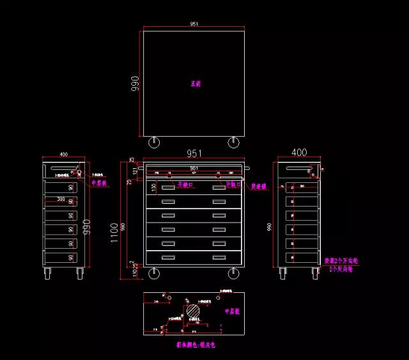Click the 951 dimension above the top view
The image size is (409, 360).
pos(194,24)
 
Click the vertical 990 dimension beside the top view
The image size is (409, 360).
pos(135,84)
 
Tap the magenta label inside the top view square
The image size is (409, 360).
pos(196,84)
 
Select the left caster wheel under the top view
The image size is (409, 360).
pos(154,142)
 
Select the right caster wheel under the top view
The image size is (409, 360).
pos(233,142)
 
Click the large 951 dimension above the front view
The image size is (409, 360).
pos(194,153)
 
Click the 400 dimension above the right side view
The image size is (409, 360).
pos(298,153)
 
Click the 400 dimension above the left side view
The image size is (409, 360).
pos(64,154)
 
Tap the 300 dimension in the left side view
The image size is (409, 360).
pos(61,200)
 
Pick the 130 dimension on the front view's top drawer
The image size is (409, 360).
pos(153,187)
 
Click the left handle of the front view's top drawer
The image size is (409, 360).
pos(168,187)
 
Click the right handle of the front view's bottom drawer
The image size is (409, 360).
pos(219,257)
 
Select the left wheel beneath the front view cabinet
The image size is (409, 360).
pos(154,274)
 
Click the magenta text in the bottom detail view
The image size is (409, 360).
pos(231,311)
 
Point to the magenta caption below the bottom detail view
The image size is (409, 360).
pos(197,344)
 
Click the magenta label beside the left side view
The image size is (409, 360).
pos(98,183)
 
